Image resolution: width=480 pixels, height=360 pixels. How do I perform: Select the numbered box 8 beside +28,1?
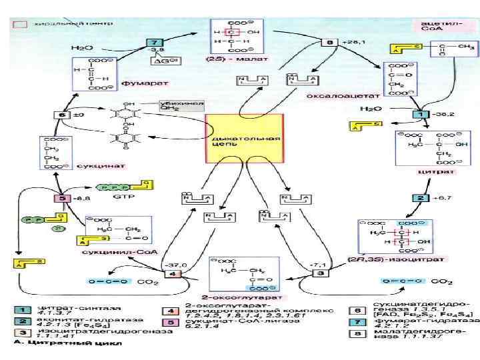coord(331,43)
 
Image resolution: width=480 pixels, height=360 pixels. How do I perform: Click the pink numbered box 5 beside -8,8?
coord(64,198)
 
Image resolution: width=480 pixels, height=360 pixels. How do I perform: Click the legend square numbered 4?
coord(171,311)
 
